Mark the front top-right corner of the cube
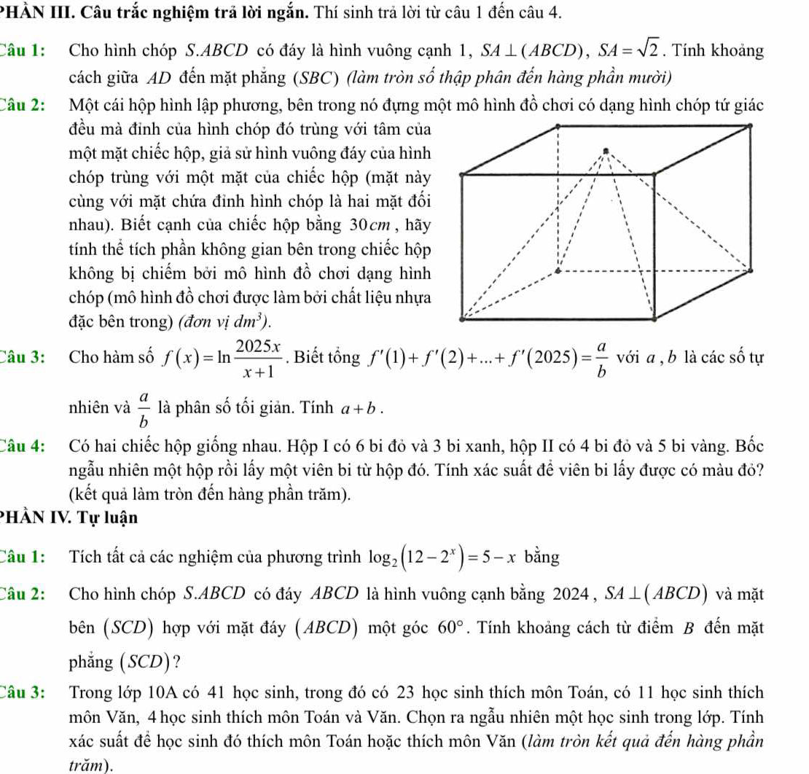coord(656,173)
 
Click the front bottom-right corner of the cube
coord(656,319)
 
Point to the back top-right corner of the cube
coord(750,125)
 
